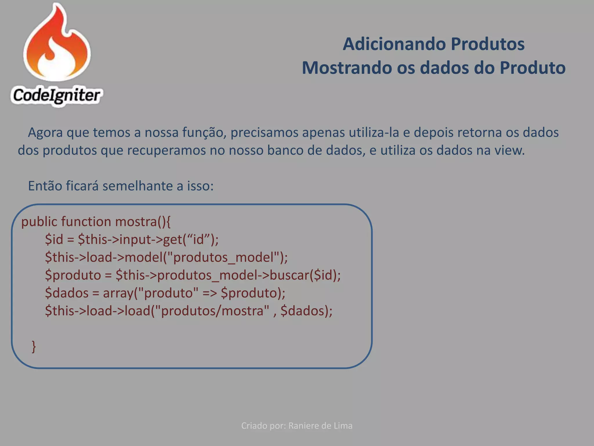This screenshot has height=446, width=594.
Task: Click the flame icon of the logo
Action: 57,44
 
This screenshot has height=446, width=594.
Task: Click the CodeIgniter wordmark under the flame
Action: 57,95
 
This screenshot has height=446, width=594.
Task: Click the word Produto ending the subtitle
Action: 533,68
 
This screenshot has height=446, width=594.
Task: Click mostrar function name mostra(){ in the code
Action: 143,222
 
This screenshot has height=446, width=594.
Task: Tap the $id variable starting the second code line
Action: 54,240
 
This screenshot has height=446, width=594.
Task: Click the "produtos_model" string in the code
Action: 224,257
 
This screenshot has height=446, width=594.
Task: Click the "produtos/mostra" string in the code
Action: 212,311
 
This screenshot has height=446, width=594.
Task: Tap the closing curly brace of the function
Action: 34,346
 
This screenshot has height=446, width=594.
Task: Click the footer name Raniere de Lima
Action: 320,426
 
